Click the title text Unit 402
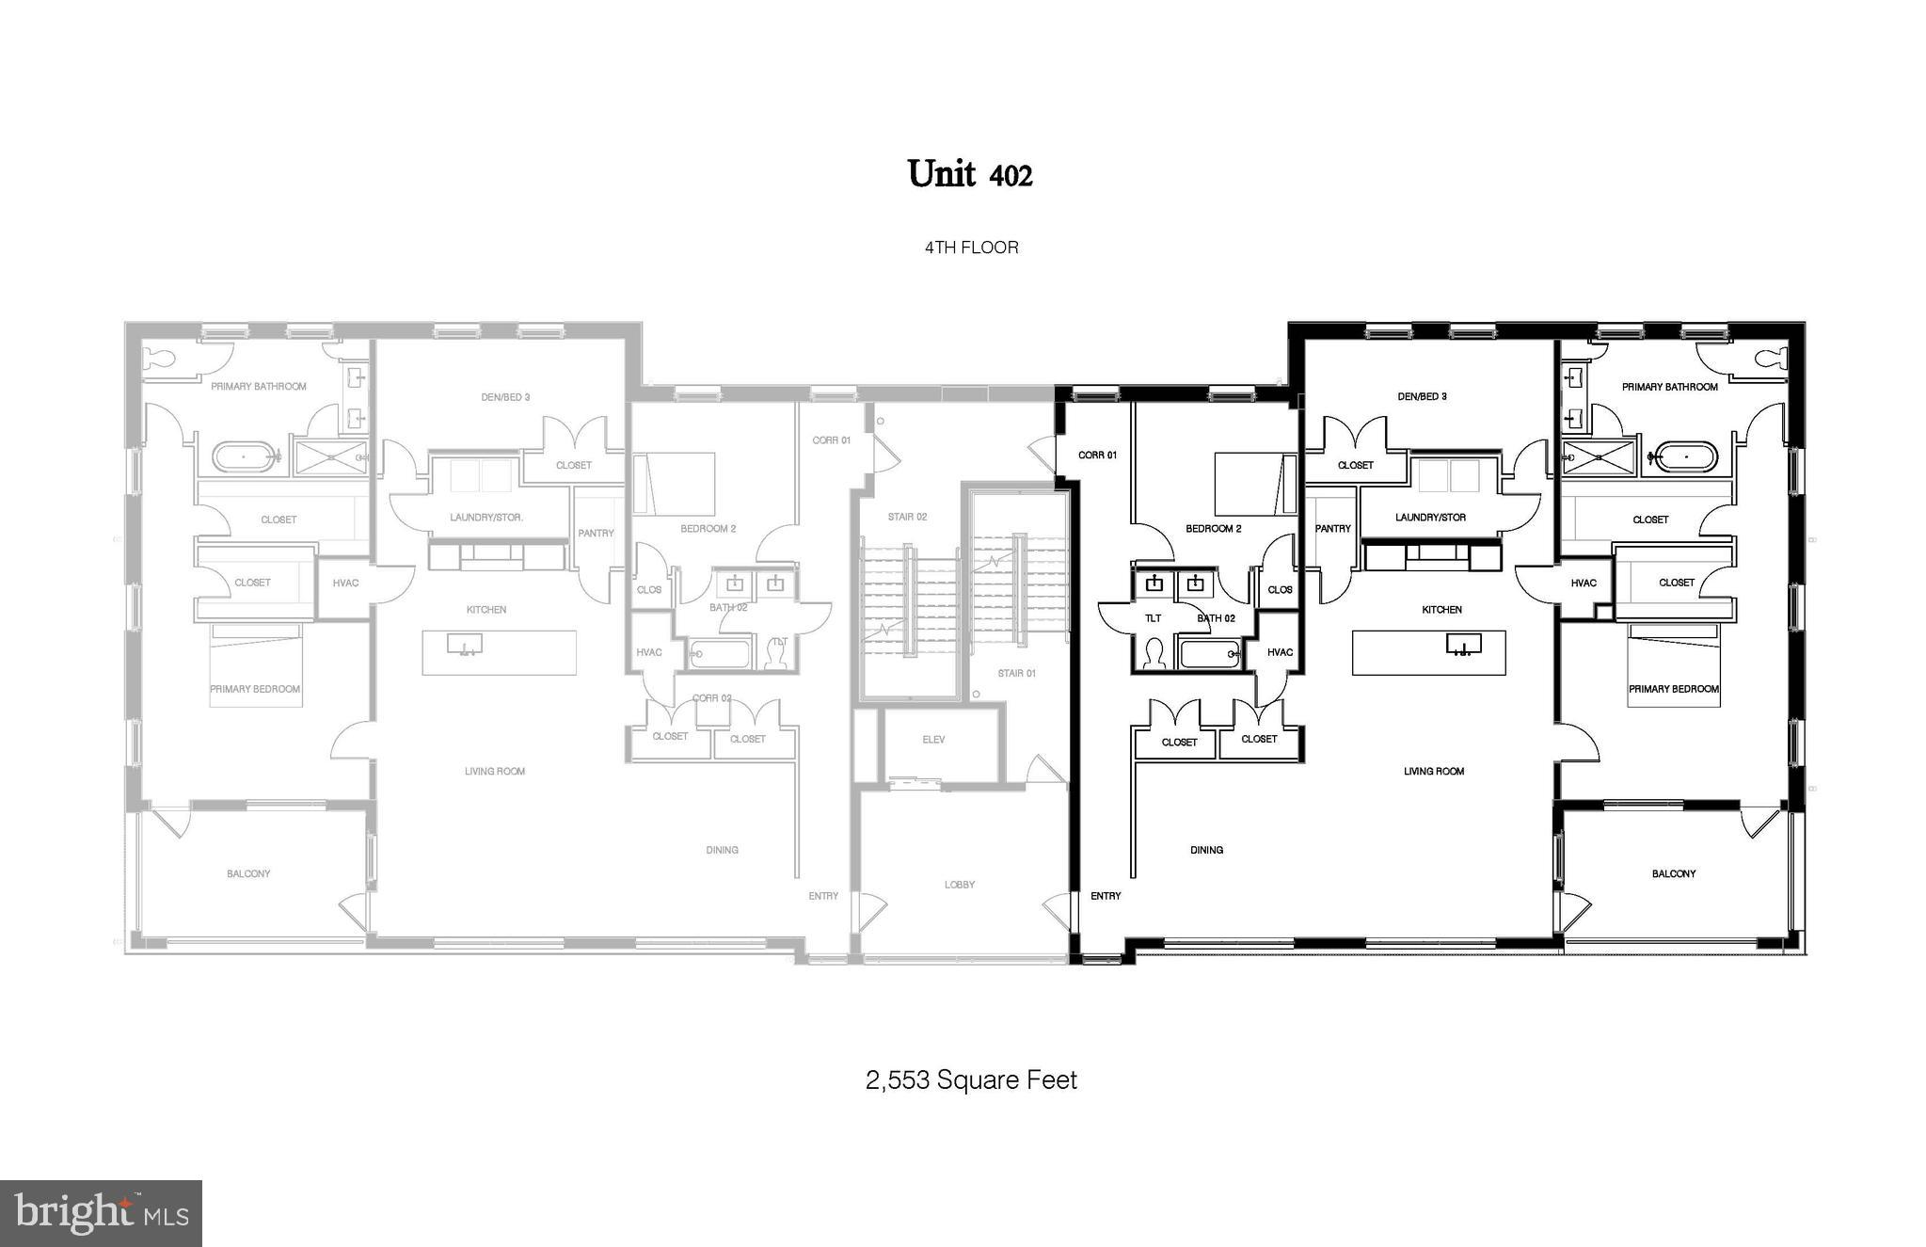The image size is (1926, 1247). pyautogui.click(x=970, y=174)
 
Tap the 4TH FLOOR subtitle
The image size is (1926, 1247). pyautogui.click(x=971, y=248)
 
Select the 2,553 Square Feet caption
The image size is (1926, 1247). pyautogui.click(x=971, y=1079)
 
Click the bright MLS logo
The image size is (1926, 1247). pyautogui.click(x=102, y=1213)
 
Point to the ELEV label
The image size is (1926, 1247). pyautogui.click(x=933, y=740)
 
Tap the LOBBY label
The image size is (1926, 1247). pyautogui.click(x=960, y=885)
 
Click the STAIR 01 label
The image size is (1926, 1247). pyautogui.click(x=1016, y=673)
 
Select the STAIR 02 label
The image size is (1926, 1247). pyautogui.click(x=907, y=517)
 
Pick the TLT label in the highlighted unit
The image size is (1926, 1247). pyautogui.click(x=1153, y=618)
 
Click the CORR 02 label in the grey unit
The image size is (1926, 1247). pyautogui.click(x=711, y=698)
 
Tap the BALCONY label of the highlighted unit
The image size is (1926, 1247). pyautogui.click(x=1674, y=874)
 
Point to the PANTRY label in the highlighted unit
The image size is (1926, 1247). pyautogui.click(x=1332, y=529)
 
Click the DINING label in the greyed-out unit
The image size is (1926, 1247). pyautogui.click(x=722, y=850)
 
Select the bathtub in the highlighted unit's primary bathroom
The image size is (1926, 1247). pyautogui.click(x=1685, y=459)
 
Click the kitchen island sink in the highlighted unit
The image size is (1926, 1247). pyautogui.click(x=1462, y=645)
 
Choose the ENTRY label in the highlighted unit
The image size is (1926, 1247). pyautogui.click(x=1106, y=896)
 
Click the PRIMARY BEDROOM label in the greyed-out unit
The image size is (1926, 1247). pyautogui.click(x=255, y=689)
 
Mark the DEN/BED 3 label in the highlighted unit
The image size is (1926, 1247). pyautogui.click(x=1422, y=396)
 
